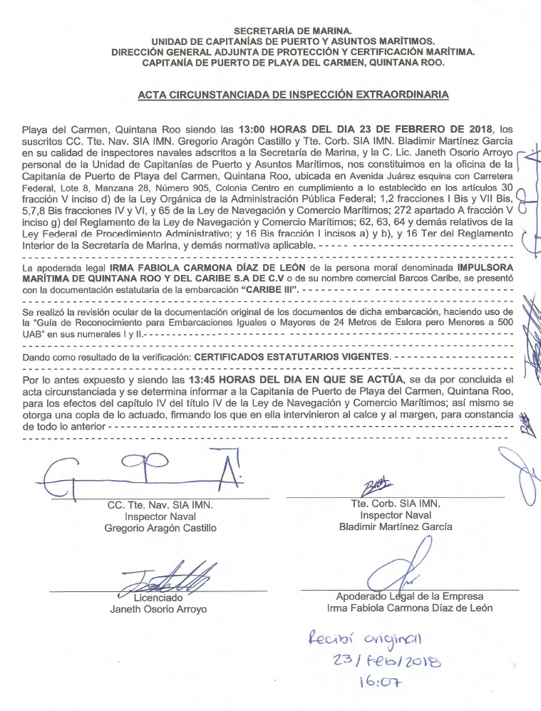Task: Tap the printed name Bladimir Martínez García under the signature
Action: [396, 527]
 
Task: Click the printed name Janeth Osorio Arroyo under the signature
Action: [158, 610]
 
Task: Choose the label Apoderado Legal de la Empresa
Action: [409, 596]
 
